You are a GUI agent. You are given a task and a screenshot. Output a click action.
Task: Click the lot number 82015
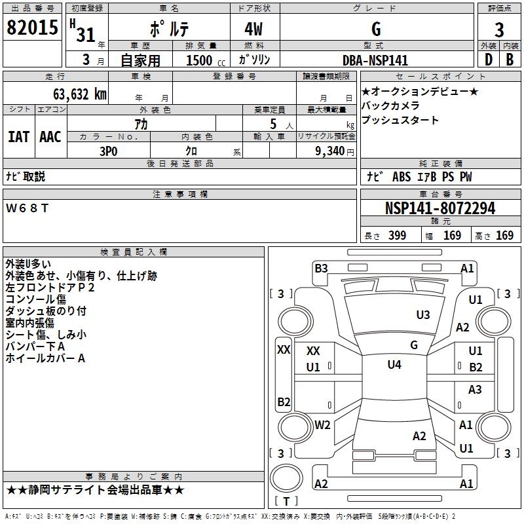click(x=31, y=28)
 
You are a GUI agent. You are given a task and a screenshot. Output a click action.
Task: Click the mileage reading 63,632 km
click(x=73, y=94)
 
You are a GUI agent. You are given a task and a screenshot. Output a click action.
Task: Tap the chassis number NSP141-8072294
click(x=440, y=209)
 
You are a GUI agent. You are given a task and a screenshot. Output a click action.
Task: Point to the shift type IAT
click(x=18, y=136)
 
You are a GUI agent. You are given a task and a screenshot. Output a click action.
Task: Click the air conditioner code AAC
click(x=50, y=136)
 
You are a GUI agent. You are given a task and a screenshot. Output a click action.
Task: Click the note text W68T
click(x=28, y=208)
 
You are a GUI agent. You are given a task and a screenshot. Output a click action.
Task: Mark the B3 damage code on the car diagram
click(x=321, y=268)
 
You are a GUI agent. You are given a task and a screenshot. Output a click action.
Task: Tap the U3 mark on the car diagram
click(x=423, y=315)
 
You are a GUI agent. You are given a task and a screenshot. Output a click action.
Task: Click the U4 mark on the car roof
click(x=394, y=365)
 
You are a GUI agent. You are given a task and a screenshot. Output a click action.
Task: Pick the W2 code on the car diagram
click(x=322, y=424)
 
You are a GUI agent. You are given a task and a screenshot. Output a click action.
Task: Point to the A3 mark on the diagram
click(x=475, y=390)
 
